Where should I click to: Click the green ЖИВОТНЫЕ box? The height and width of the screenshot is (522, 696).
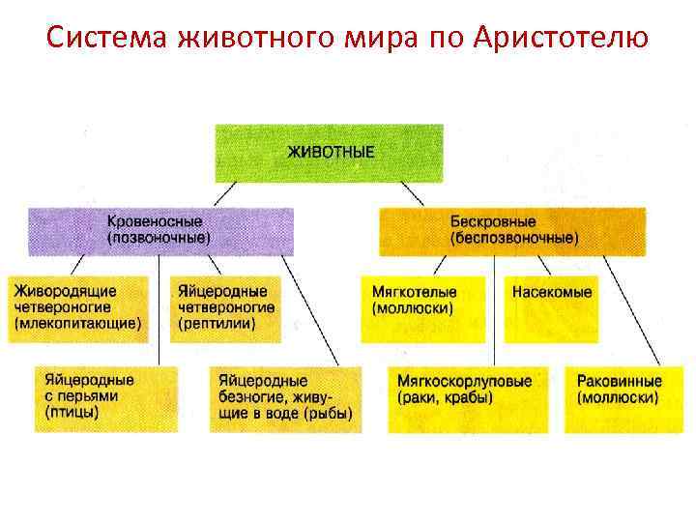pyautogui.click(x=330, y=153)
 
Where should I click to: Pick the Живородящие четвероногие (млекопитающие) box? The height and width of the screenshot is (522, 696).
pyautogui.click(x=78, y=308)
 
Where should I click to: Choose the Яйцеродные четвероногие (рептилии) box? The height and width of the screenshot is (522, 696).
pyautogui.click(x=226, y=308)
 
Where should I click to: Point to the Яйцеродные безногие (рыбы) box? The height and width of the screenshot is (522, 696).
pyautogui.click(x=285, y=397)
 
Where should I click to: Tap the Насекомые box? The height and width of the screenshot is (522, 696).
pyautogui.click(x=552, y=293)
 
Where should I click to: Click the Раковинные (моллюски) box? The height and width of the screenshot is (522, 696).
pyautogui.click(x=619, y=397)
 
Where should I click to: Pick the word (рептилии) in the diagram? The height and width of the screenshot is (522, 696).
pyautogui.click(x=217, y=324)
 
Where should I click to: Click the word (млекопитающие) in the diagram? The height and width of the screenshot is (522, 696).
pyautogui.click(x=76, y=324)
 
